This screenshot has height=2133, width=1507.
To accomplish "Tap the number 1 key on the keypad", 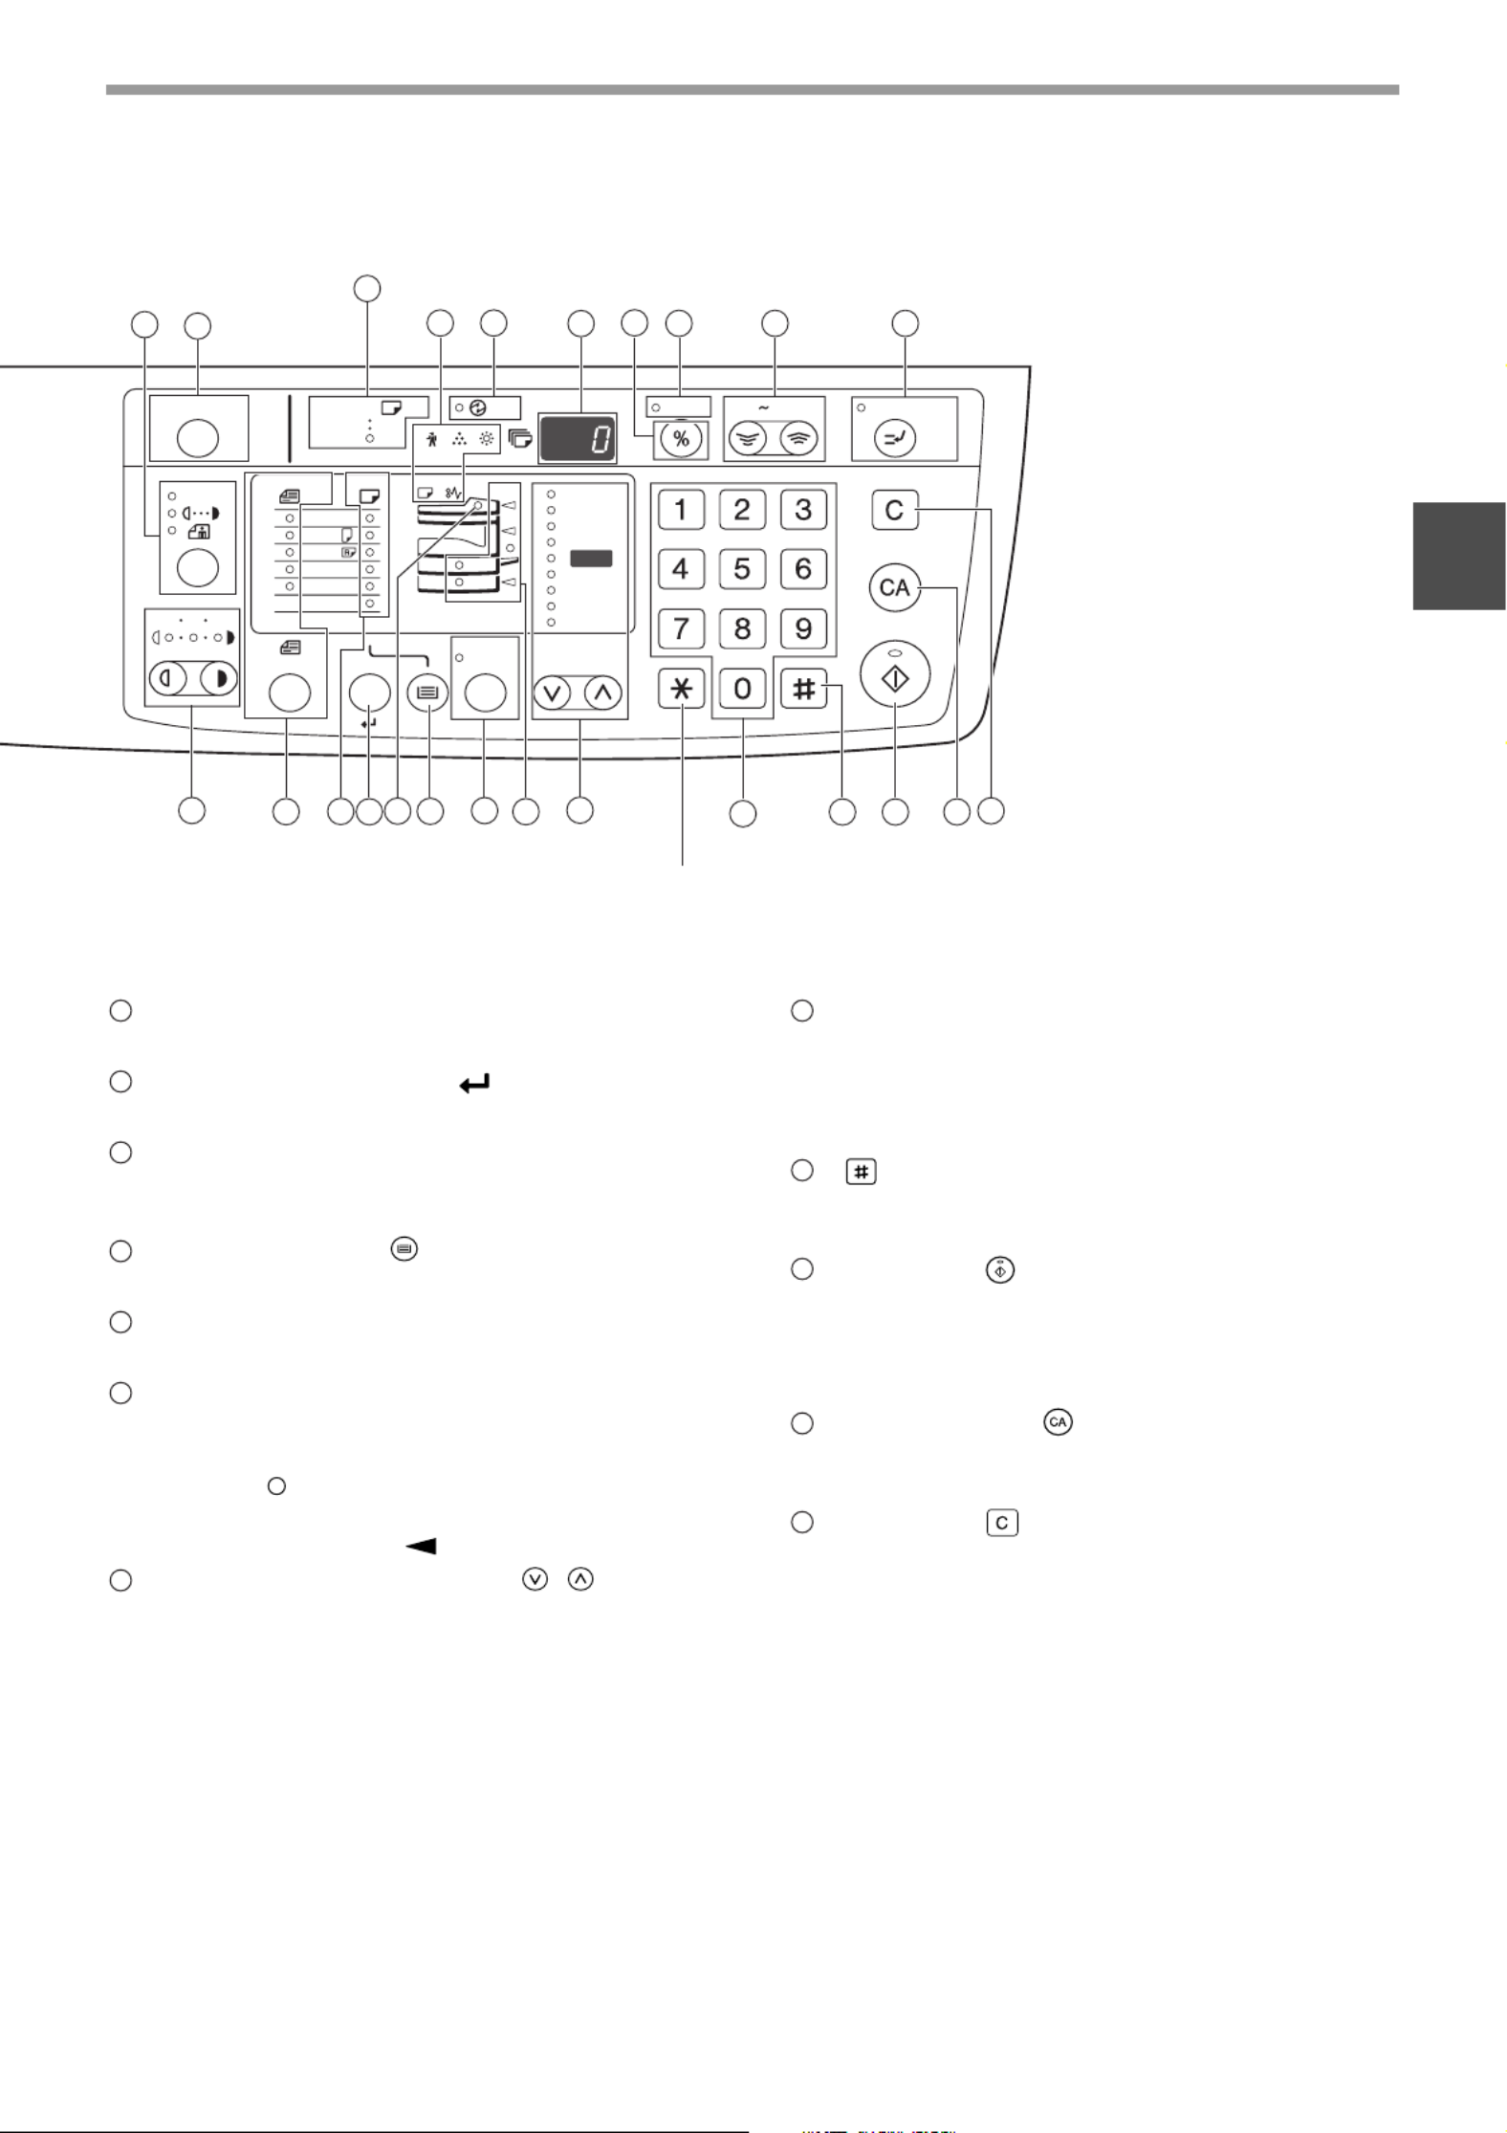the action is pos(681,510).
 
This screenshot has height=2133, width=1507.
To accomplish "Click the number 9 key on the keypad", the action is pos(803,628).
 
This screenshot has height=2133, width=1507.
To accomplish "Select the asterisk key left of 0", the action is pos(681,689).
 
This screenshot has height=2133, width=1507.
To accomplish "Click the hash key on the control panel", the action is pos(803,689).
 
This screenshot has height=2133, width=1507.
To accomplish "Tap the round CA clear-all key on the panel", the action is pos(894,588).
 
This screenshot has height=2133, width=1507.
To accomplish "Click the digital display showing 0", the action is pos(578,439).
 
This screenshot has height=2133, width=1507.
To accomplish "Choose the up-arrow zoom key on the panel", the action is pos(602,692).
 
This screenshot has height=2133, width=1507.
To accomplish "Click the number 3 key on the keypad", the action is pos(803,510).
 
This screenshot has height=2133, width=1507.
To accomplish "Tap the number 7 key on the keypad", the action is pos(681,628).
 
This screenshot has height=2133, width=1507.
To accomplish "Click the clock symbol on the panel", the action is pos(478,407).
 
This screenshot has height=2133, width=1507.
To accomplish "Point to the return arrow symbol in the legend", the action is pos(475,1084).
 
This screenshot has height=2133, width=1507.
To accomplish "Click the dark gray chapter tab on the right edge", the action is pos(1458,555).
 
